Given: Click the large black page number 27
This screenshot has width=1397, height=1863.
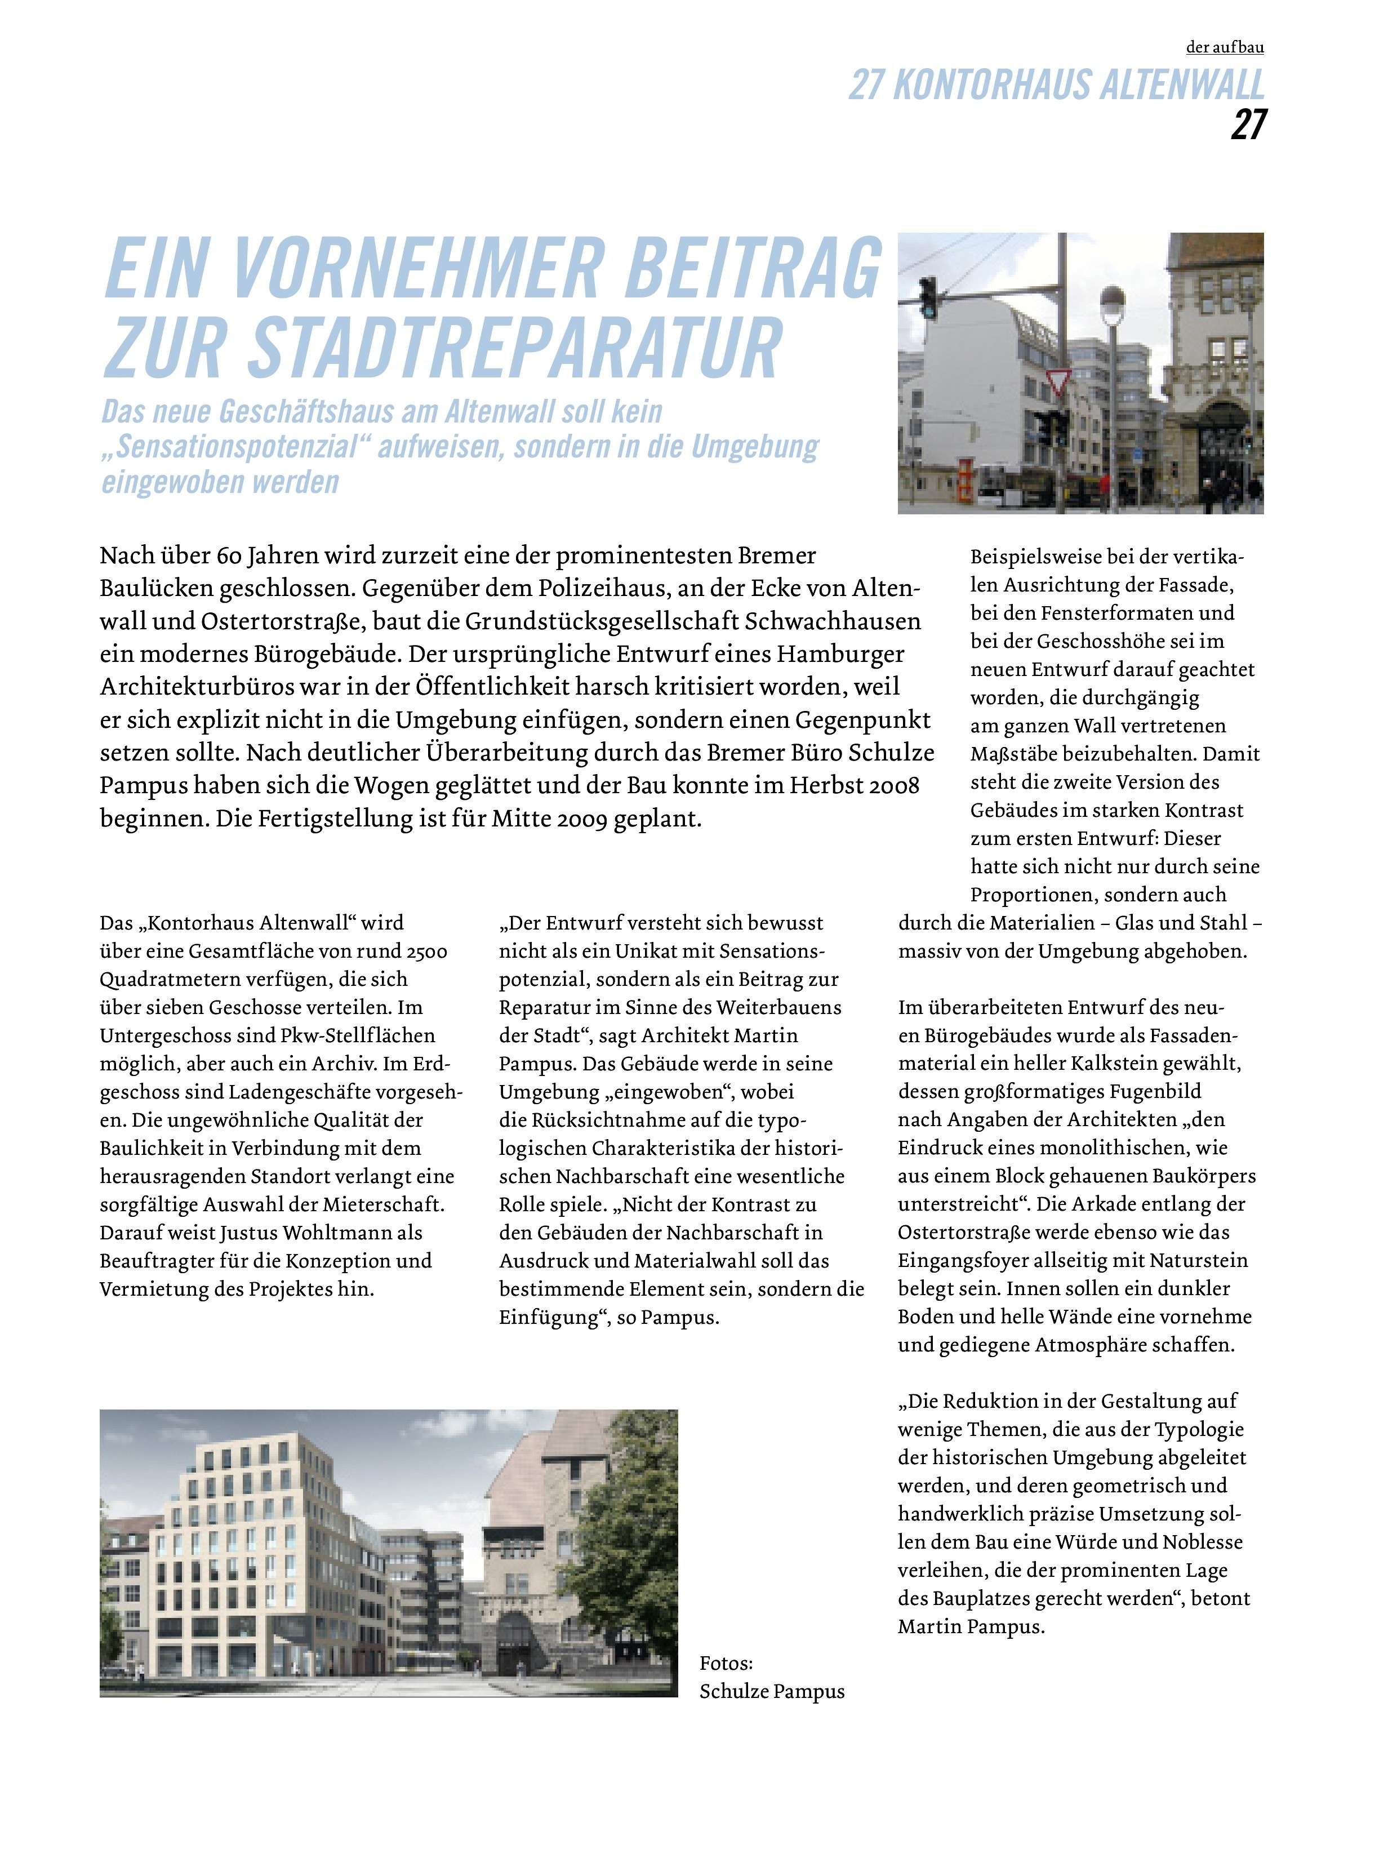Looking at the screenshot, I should point(1247,125).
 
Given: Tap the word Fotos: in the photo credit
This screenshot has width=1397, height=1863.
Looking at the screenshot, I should point(726,1664).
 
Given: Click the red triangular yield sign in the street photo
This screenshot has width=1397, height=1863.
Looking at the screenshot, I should point(1058,380).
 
